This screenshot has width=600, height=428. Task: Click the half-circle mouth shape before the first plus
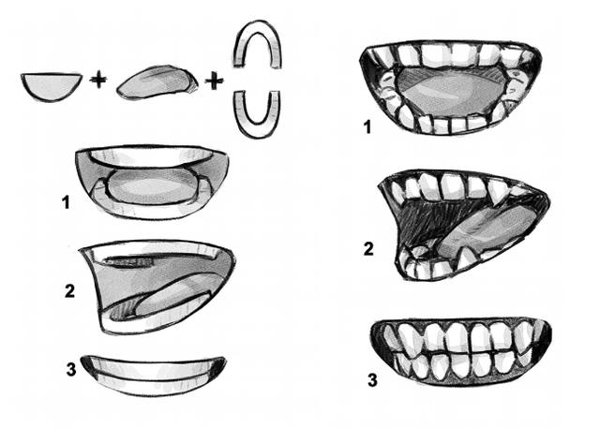point(52,86)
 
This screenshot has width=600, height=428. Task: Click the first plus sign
point(98,81)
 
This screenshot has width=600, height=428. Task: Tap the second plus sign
point(215,81)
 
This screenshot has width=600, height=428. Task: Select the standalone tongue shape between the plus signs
point(157,83)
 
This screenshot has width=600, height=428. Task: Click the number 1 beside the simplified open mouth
point(66,202)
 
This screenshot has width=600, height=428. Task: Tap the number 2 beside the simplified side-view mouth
point(69,290)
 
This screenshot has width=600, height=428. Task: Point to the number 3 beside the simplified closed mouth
point(71,369)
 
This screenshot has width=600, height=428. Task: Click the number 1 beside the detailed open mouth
point(367,126)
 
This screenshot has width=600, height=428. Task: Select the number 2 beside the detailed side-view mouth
point(368,249)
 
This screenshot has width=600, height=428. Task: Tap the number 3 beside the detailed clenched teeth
point(372,380)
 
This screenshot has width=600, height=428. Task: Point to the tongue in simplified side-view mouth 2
point(172,298)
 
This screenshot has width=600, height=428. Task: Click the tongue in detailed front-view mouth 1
point(452,93)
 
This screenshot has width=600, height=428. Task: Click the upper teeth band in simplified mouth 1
point(151,155)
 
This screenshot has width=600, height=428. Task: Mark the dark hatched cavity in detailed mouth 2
point(432,222)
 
